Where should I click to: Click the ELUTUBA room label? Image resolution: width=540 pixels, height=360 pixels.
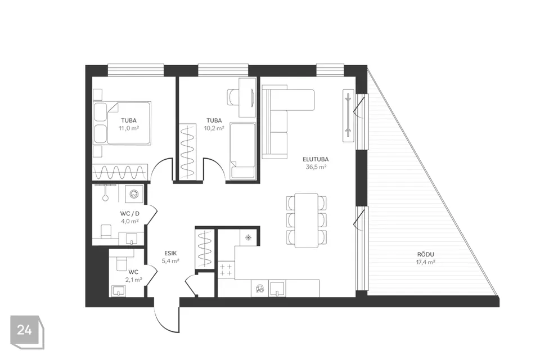(x=316, y=159)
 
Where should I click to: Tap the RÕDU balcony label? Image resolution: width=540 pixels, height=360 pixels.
(x=426, y=254)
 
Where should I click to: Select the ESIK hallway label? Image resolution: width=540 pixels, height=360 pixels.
(x=170, y=253)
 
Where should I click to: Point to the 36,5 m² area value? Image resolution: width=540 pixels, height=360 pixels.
(x=316, y=167)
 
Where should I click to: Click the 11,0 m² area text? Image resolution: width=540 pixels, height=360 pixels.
(x=128, y=128)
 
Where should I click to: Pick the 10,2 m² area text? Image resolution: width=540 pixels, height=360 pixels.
(x=214, y=128)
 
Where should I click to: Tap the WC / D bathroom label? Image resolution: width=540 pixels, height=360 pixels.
(x=130, y=214)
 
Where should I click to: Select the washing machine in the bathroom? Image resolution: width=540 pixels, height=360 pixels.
(x=133, y=194)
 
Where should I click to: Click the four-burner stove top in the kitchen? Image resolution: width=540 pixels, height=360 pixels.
(x=226, y=270)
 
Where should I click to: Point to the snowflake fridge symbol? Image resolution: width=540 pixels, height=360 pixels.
(x=247, y=237)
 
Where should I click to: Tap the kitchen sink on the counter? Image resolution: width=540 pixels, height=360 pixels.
(x=277, y=289)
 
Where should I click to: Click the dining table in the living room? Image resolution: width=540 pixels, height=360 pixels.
(x=306, y=220)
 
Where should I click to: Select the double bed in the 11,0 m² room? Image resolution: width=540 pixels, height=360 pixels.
(x=123, y=123)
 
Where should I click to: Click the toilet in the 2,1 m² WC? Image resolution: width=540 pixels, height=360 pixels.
(x=121, y=261)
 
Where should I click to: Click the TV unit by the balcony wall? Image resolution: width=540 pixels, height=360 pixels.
(x=348, y=115)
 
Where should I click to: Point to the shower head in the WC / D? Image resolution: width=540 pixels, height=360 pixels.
(x=105, y=198)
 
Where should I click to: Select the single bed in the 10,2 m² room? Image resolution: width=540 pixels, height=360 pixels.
(x=243, y=151)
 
